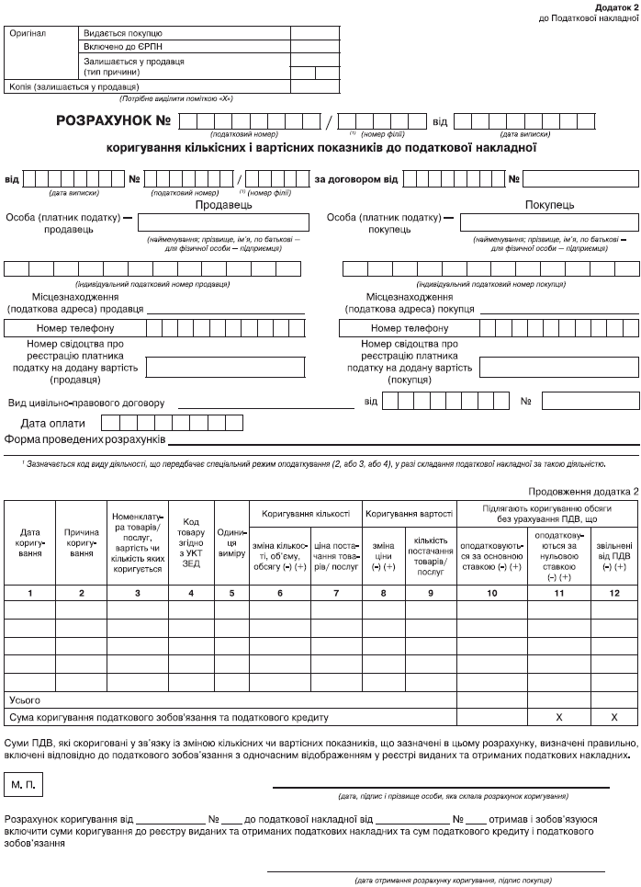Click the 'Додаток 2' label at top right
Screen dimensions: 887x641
tap(615, 6)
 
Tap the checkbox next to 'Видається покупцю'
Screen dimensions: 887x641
tap(306, 31)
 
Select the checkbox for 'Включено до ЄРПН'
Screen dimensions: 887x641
tap(306, 45)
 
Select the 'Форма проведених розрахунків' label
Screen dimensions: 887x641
tap(84, 439)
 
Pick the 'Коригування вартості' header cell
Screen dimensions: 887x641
tap(409, 513)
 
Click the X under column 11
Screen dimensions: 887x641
tap(558, 715)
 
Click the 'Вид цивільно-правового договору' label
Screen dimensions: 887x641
tap(86, 403)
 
